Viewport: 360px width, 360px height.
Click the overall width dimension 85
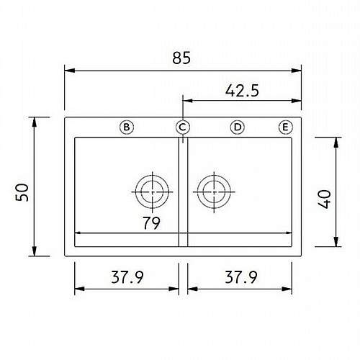click(181, 58)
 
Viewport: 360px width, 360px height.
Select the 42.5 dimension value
click(242, 91)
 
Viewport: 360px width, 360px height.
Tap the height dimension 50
click(22, 192)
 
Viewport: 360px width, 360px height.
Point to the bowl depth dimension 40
click(324, 199)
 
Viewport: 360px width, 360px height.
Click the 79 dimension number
click(151, 223)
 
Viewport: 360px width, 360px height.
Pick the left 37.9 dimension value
click(127, 277)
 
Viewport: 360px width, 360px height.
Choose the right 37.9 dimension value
click(241, 277)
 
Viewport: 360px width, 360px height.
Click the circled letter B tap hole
click(127, 127)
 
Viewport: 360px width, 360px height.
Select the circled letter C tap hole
click(183, 127)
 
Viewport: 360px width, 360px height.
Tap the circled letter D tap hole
click(237, 127)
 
